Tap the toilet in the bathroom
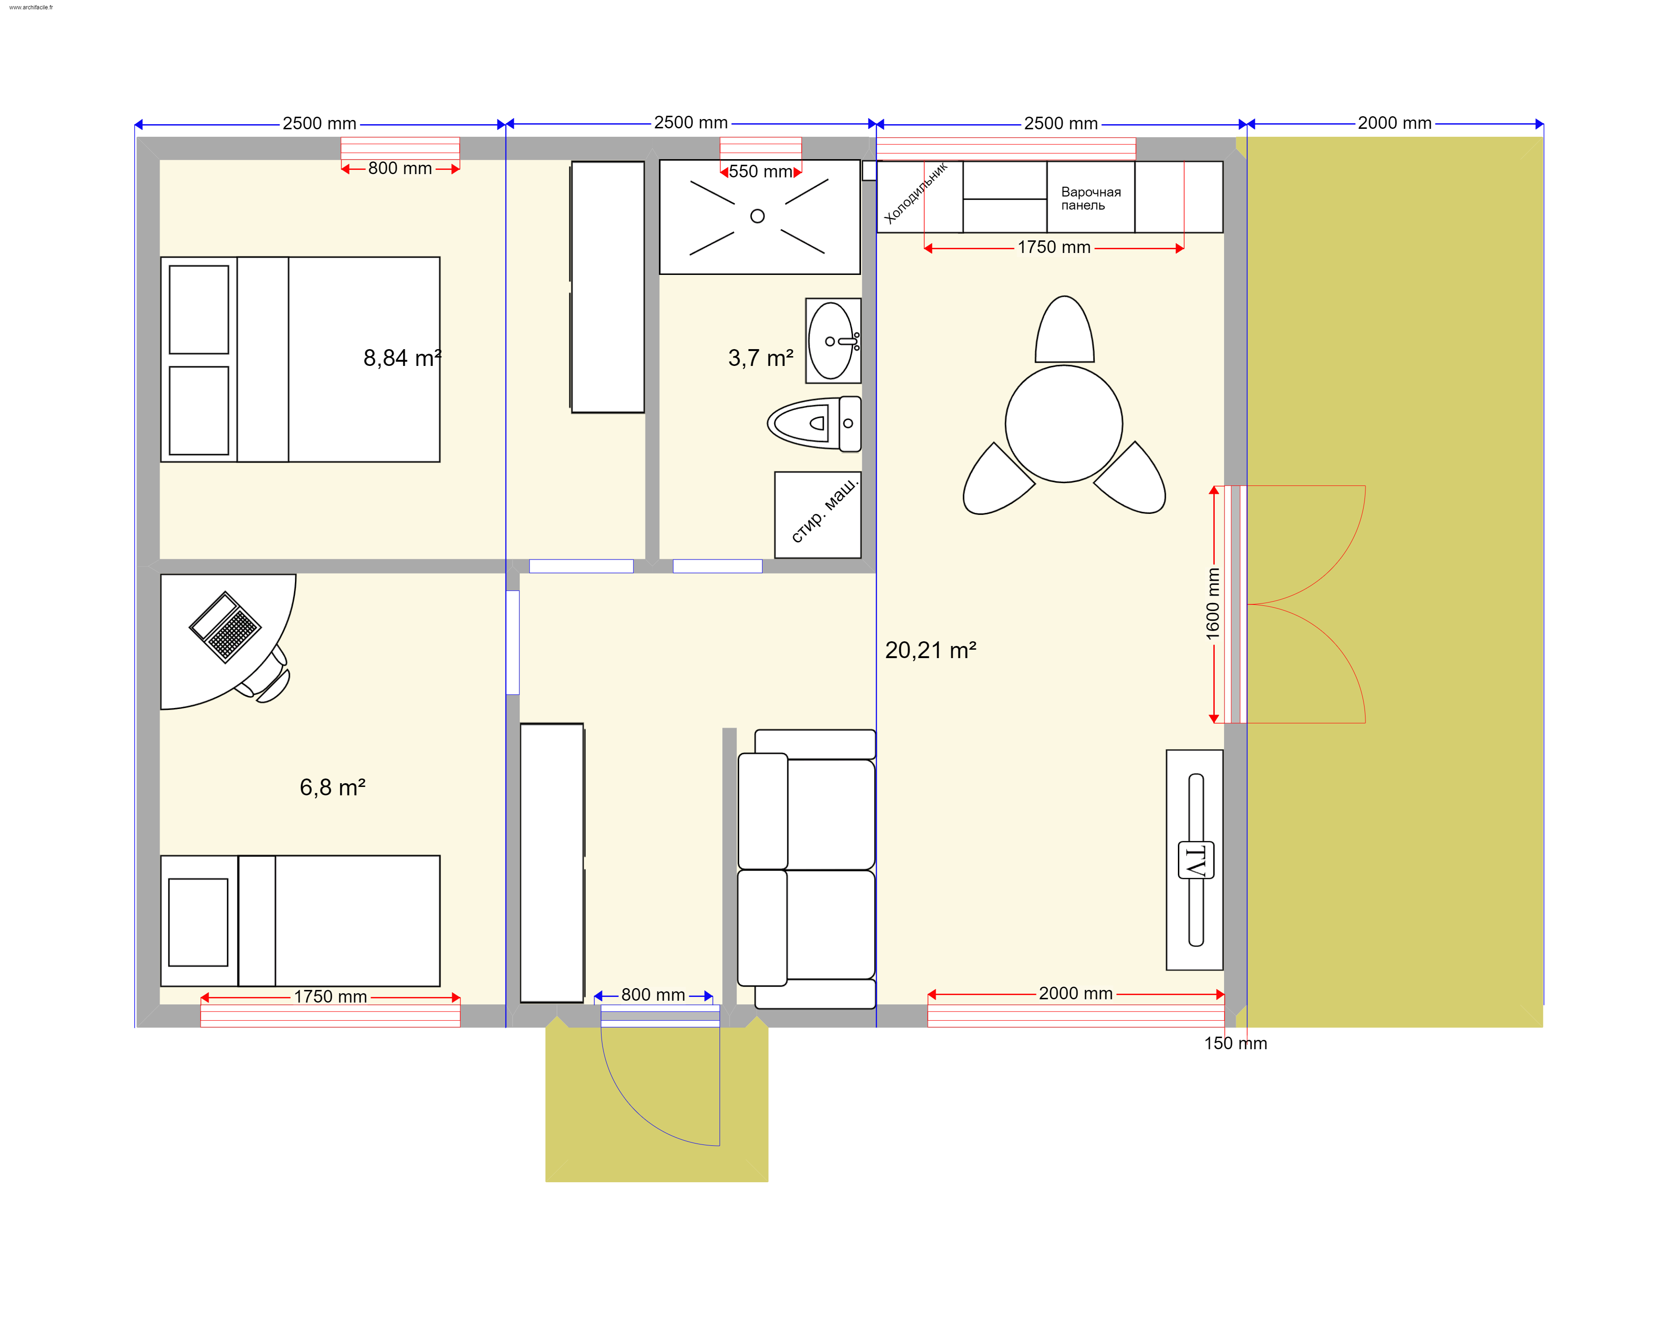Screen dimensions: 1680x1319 [814, 423]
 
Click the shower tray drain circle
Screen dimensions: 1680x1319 [757, 216]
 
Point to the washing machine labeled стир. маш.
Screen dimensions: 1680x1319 [818, 514]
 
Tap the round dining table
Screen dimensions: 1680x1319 [1064, 423]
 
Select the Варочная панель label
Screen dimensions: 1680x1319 [1091, 198]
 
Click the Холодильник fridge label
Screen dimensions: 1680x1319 [916, 193]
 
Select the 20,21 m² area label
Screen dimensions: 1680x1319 [931, 650]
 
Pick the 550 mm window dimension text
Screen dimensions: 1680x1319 [761, 171]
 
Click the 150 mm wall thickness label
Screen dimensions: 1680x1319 [1235, 1043]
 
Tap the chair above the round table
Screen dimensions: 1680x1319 [1064, 329]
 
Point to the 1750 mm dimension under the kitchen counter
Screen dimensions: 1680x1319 [1054, 247]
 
